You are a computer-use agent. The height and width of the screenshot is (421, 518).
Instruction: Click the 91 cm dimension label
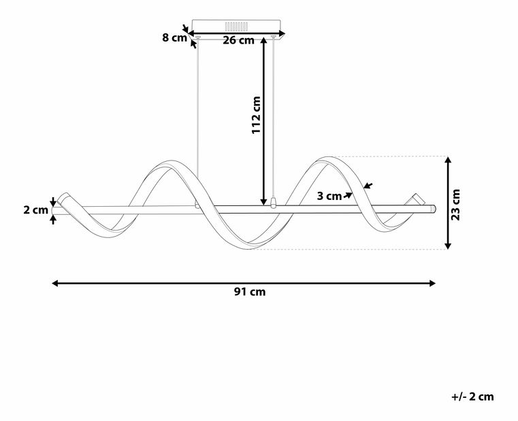click(250, 292)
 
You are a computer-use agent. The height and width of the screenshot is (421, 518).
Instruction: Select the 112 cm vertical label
click(257, 115)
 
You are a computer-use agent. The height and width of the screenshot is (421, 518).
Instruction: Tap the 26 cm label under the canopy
click(238, 40)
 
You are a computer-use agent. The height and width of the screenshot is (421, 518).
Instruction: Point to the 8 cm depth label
click(174, 37)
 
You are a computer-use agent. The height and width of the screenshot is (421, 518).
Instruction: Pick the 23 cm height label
click(455, 205)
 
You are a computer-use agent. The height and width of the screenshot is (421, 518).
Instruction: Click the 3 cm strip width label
click(329, 196)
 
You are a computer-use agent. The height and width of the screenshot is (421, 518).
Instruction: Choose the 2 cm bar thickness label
click(35, 210)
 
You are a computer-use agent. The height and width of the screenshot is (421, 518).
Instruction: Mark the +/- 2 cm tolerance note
click(473, 397)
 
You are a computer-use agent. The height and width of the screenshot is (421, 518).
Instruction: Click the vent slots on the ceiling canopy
click(236, 26)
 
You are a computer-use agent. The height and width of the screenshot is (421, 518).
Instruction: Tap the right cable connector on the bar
click(273, 203)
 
